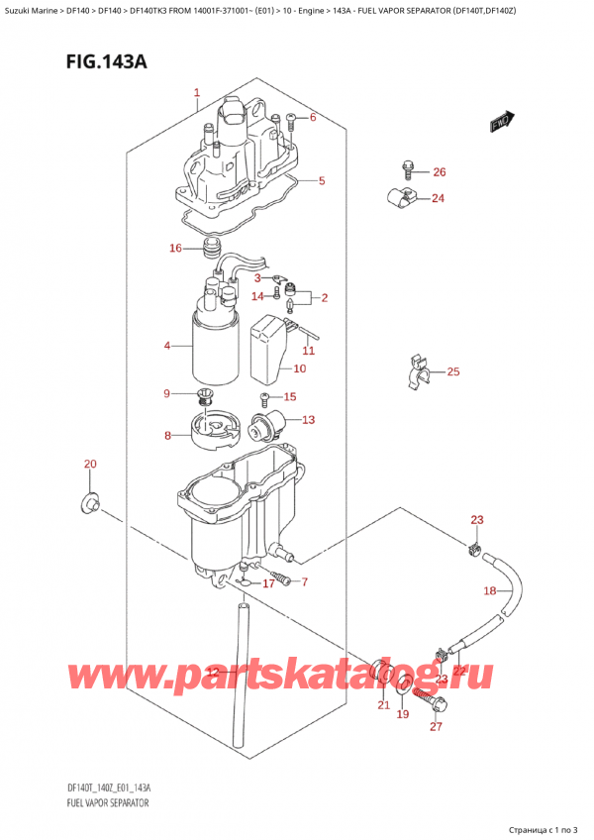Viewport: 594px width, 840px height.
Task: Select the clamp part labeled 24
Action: (x=402, y=197)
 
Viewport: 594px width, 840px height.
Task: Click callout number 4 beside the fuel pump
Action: (x=167, y=346)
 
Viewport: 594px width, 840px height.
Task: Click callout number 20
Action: (x=90, y=465)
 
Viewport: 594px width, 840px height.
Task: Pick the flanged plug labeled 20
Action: (x=87, y=504)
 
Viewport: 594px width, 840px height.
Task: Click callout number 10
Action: (x=299, y=369)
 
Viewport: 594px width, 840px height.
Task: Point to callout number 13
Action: (x=308, y=420)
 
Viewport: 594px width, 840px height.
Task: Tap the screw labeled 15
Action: (x=265, y=399)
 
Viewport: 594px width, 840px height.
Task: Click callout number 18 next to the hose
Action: (x=488, y=591)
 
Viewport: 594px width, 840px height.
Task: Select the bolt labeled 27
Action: (x=436, y=706)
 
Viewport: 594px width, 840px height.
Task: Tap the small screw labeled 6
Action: (x=291, y=121)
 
